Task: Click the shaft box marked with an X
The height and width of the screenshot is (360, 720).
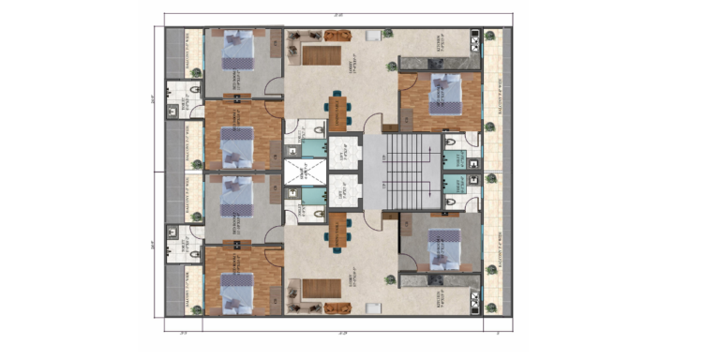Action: pyautogui.click(x=305, y=170)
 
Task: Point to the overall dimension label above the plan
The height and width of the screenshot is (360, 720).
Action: pyautogui.click(x=337, y=13)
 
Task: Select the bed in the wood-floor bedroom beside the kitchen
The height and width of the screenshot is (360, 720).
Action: pyautogui.click(x=442, y=95)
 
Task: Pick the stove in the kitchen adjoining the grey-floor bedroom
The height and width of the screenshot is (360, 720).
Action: pyautogui.click(x=475, y=302)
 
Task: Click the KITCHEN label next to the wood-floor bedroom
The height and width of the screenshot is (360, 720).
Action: pyautogui.click(x=438, y=42)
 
